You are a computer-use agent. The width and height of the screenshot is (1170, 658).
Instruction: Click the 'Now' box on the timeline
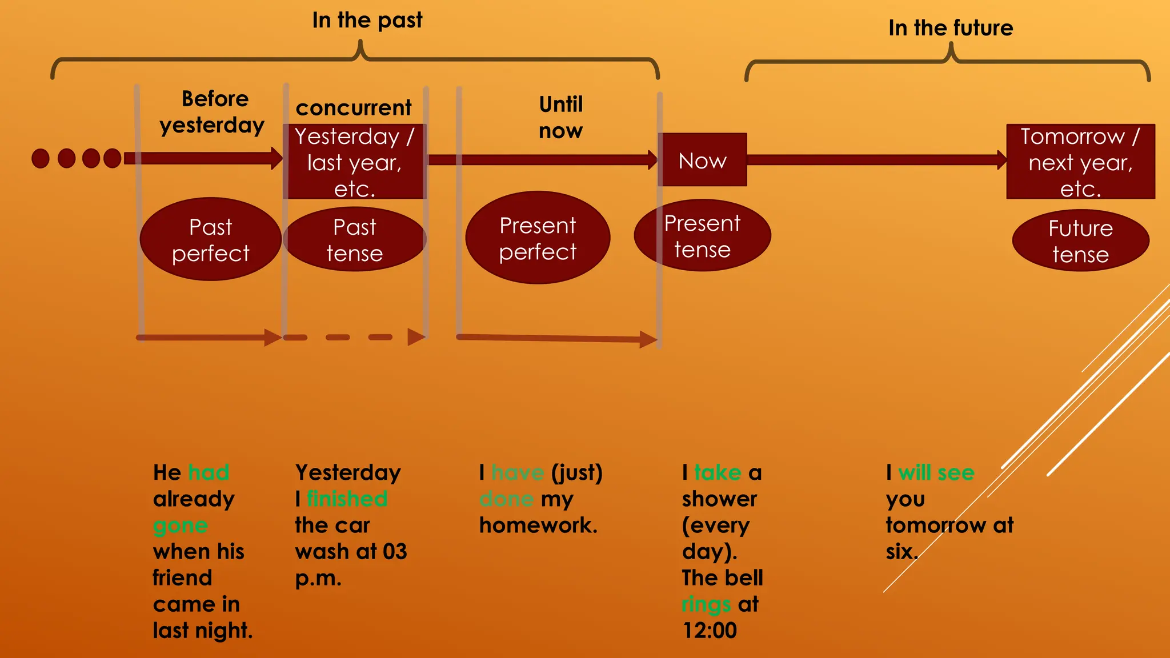(x=702, y=160)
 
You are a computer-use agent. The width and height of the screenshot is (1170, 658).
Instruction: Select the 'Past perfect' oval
(x=210, y=239)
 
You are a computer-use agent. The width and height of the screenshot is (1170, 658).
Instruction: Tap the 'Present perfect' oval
(x=538, y=238)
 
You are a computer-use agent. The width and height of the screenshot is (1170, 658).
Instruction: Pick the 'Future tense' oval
(x=1080, y=240)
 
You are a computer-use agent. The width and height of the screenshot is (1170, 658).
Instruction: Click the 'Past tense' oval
(x=354, y=239)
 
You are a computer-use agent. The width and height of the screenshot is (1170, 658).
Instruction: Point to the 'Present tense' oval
(x=702, y=235)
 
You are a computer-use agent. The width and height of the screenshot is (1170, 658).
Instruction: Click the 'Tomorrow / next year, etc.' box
(x=1080, y=162)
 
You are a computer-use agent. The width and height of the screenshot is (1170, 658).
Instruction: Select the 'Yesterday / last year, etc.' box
(x=354, y=162)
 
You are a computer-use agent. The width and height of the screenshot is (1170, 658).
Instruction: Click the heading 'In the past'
(x=367, y=21)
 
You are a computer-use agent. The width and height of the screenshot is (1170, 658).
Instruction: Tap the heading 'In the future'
(x=950, y=28)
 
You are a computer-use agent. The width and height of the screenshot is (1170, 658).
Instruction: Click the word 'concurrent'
(x=353, y=107)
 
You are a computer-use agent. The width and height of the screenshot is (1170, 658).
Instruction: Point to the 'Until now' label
(x=560, y=117)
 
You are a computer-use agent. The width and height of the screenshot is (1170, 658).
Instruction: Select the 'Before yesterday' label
(x=213, y=112)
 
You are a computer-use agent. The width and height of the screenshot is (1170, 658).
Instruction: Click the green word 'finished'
(x=347, y=499)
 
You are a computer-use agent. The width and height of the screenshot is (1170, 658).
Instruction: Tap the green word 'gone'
(x=180, y=525)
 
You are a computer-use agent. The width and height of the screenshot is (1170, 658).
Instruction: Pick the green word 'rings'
(x=706, y=604)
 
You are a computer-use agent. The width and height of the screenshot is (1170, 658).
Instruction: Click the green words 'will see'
(x=936, y=472)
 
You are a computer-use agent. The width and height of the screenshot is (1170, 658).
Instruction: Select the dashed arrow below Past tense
(x=354, y=337)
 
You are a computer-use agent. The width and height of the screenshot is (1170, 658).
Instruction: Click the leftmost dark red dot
(x=41, y=158)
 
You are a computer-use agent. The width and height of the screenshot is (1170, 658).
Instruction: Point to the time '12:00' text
(x=710, y=631)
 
